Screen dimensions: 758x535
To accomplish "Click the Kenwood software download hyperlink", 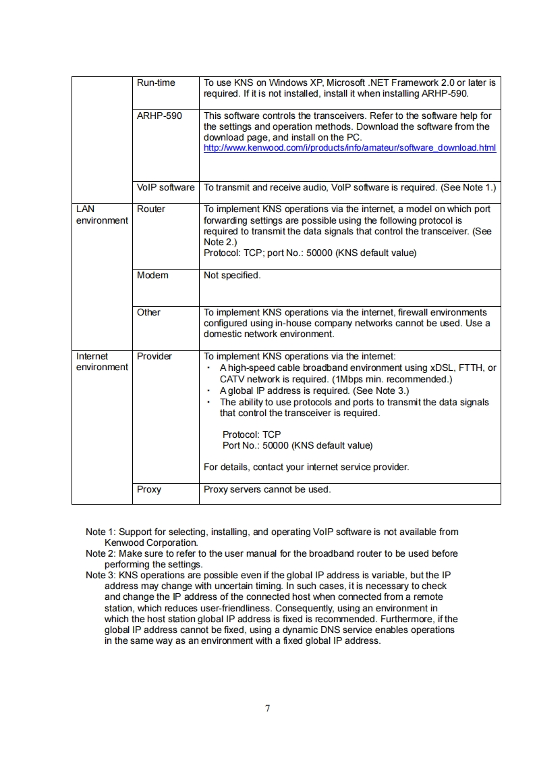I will pyautogui.click(x=349, y=148).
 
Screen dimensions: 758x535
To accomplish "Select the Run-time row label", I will pyautogui.click(x=156, y=83).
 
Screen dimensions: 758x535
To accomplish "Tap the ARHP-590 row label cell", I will pyautogui.click(x=159, y=116).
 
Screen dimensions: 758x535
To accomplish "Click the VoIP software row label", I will pyautogui.click(x=165, y=187).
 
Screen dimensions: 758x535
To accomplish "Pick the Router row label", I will pyautogui.click(x=150, y=209).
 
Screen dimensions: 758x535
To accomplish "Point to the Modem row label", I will pyautogui.click(x=152, y=275).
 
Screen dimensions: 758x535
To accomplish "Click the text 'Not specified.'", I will pyautogui.click(x=232, y=275).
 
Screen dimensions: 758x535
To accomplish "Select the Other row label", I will pyautogui.click(x=148, y=312).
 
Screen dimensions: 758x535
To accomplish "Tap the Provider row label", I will pyautogui.click(x=154, y=356).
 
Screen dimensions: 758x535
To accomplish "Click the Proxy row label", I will pyautogui.click(x=149, y=489).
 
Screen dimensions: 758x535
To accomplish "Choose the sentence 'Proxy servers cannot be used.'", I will pyautogui.click(x=267, y=489).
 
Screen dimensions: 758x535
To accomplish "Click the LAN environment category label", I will pyautogui.click(x=101, y=215).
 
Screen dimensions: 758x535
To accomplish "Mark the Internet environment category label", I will pyautogui.click(x=101, y=361).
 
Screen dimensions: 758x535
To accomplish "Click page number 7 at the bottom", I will pyautogui.click(x=268, y=708).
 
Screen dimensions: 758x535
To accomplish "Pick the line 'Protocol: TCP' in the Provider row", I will pyautogui.click(x=252, y=434).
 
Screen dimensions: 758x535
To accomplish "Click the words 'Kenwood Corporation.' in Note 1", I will pyautogui.click(x=151, y=542).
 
